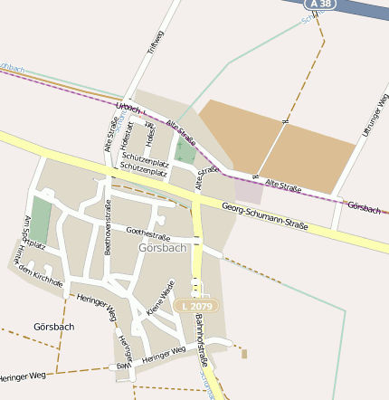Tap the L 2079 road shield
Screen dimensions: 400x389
195,307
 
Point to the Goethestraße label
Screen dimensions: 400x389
147,232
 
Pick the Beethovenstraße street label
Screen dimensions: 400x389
108,226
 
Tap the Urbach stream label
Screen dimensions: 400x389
129,108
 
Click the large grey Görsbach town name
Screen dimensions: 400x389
162,247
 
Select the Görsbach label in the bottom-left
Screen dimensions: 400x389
52,327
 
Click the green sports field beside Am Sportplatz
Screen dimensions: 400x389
41,220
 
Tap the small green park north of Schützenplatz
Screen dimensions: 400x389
185,149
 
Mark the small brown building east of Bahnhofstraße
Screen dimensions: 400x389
243,353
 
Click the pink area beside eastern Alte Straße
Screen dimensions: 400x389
249,191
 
